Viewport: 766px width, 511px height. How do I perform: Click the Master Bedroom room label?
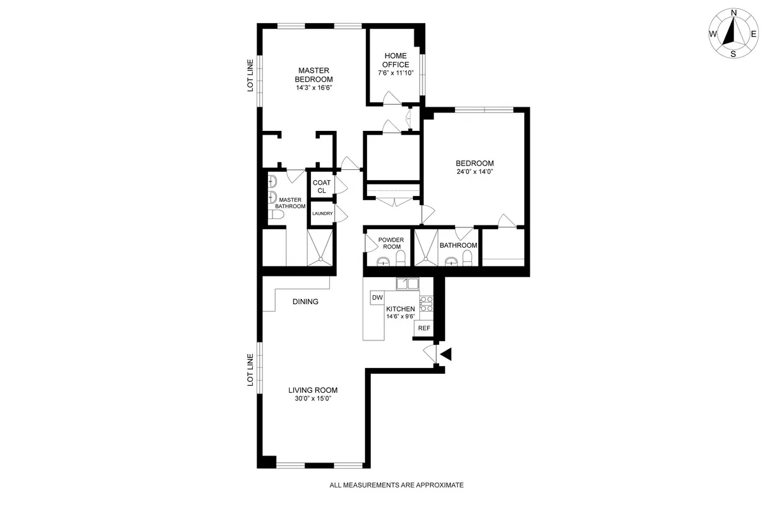[313, 75]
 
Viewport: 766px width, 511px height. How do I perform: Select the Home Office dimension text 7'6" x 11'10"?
[396, 73]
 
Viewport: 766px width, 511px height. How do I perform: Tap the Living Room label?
[313, 390]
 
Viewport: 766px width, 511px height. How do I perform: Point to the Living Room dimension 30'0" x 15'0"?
[313, 399]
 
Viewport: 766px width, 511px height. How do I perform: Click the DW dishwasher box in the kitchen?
[377, 298]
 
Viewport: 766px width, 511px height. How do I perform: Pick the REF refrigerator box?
[424, 328]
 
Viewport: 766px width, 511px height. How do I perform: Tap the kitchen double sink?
[407, 284]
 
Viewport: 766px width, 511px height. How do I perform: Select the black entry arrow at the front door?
[446, 354]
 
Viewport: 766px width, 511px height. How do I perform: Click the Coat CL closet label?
[322, 187]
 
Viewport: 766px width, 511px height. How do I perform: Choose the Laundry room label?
[322, 214]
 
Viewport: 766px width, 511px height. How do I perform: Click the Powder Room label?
[390, 243]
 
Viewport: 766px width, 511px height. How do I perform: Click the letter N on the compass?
[733, 13]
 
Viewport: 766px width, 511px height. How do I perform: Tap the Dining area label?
[305, 301]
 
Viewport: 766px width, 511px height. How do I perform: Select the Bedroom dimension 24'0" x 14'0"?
[474, 172]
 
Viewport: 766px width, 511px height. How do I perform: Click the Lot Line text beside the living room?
[251, 370]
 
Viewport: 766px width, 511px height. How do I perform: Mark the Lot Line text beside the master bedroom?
[251, 75]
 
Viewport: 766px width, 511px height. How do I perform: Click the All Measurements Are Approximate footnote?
[396, 485]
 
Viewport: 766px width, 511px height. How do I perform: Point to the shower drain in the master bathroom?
[319, 259]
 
